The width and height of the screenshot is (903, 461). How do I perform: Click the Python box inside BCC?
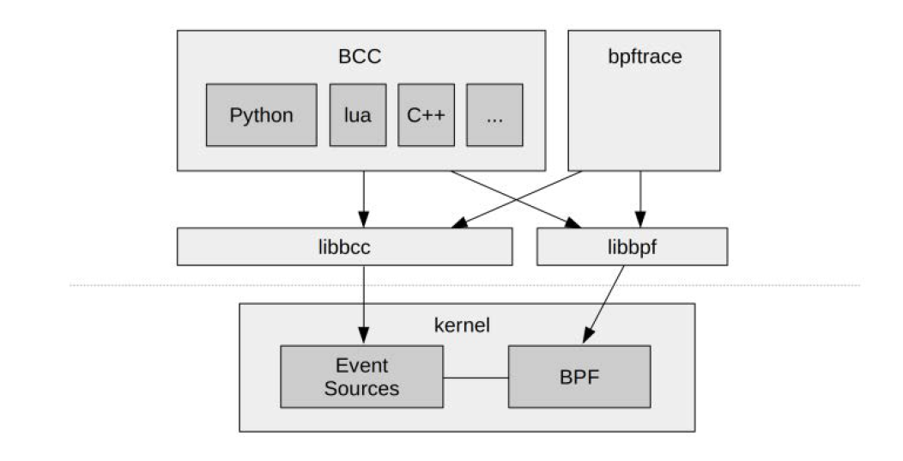point(261,115)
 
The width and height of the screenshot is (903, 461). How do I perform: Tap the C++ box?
point(425,115)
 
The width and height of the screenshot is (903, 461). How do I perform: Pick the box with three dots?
point(494,115)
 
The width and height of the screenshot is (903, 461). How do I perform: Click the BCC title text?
point(360,58)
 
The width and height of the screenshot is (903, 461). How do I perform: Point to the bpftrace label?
point(644,58)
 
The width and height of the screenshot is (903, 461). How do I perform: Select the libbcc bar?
point(344,246)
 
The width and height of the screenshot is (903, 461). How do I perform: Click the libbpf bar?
point(632,246)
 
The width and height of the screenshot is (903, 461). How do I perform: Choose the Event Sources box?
point(361,376)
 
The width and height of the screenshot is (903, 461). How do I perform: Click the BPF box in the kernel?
point(579,376)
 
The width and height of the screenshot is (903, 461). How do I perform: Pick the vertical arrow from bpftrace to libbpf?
point(639,197)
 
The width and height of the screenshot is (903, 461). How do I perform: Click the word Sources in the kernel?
point(361,388)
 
